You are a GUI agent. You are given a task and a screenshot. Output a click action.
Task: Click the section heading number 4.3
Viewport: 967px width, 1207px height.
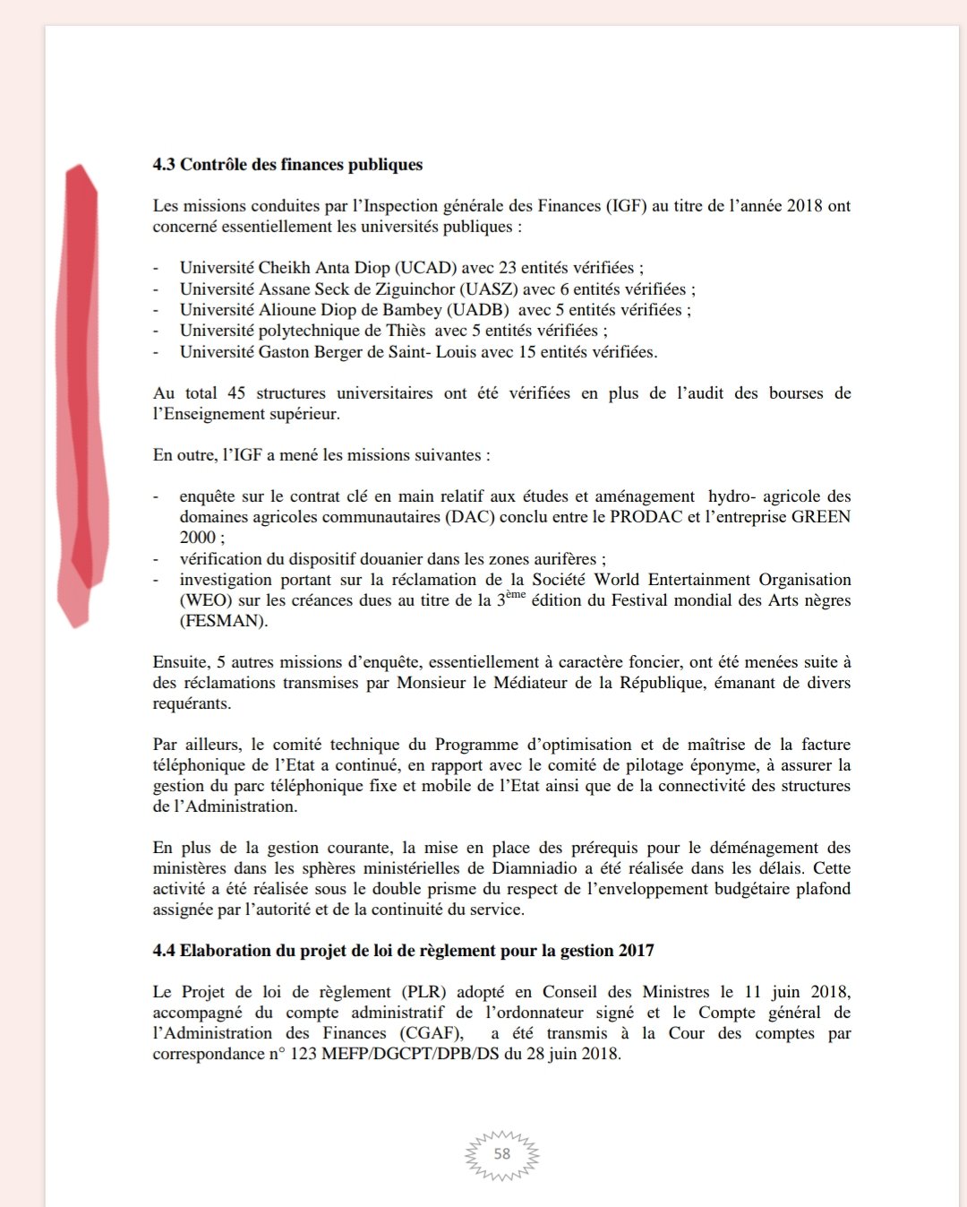pos(164,165)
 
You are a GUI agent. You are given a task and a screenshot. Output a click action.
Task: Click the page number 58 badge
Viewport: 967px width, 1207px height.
pos(502,1154)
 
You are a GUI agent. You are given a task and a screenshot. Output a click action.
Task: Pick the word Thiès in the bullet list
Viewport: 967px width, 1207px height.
pos(405,331)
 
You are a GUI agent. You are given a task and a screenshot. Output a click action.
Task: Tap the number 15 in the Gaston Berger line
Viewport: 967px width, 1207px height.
pos(527,352)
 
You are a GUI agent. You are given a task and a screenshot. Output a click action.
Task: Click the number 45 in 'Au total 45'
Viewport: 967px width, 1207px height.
pos(236,393)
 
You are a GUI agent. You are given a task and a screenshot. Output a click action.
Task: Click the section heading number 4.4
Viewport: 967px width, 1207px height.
pos(164,951)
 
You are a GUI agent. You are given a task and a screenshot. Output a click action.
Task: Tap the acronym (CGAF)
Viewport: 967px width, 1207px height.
pos(432,1033)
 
